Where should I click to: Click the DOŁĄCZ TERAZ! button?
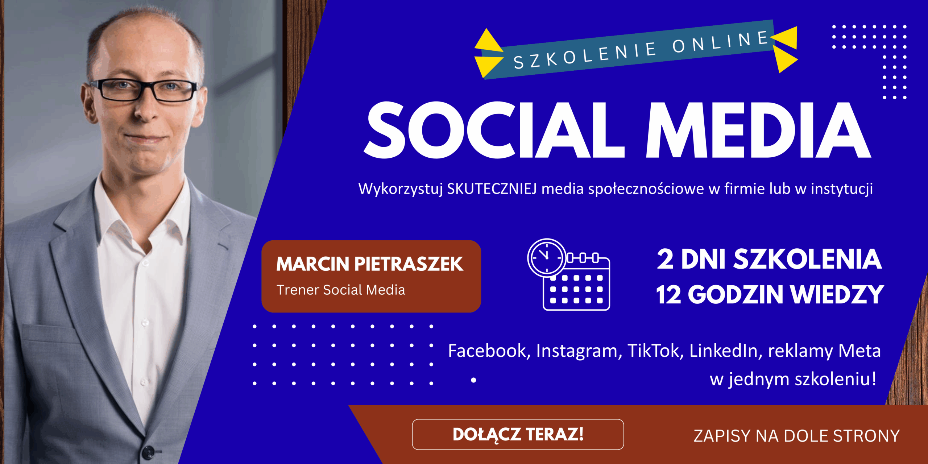[518, 434]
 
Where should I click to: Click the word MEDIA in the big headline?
[758, 130]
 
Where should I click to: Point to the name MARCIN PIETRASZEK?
[370, 264]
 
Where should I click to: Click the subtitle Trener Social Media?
[341, 290]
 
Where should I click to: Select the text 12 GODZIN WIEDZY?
[769, 294]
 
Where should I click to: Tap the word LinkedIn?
[724, 351]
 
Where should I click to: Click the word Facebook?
[488, 351]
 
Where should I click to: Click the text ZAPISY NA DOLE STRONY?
[796, 436]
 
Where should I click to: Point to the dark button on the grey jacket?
[148, 451]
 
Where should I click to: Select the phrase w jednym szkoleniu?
[793, 379]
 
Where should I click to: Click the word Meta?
[859, 351]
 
